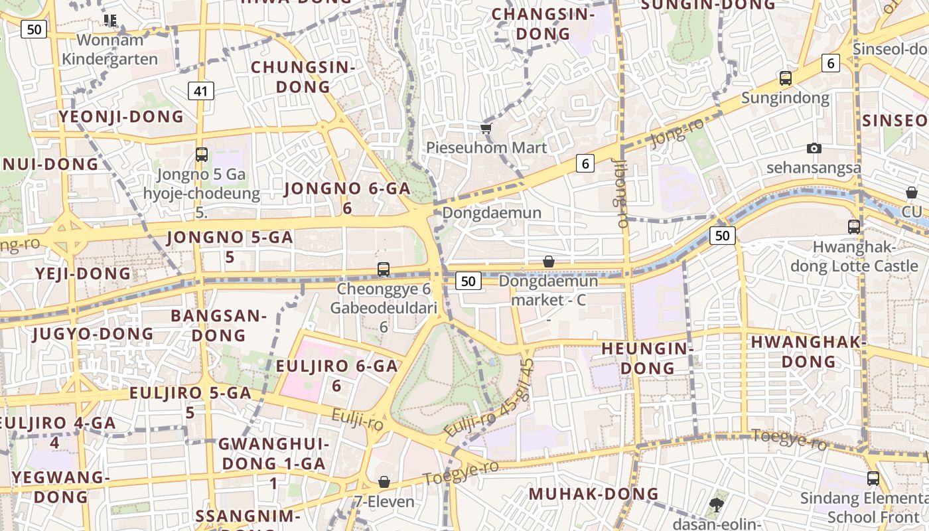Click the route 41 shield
tap(200, 91)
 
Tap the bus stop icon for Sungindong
tap(786, 78)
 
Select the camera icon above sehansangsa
tap(814, 148)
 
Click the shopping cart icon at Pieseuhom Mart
tap(486, 127)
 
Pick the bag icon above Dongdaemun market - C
tap(548, 262)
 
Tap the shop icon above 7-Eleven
tap(384, 482)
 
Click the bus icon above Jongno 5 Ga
tap(202, 155)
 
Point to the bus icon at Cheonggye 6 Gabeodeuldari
tap(384, 269)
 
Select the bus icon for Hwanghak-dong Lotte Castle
tap(854, 226)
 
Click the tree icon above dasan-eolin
tap(716, 504)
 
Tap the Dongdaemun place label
tap(492, 213)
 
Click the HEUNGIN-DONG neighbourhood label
tap(646, 358)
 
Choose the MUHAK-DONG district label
tap(593, 494)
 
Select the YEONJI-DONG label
tap(121, 117)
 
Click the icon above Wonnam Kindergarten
tap(110, 21)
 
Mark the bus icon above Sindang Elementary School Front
tap(873, 479)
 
